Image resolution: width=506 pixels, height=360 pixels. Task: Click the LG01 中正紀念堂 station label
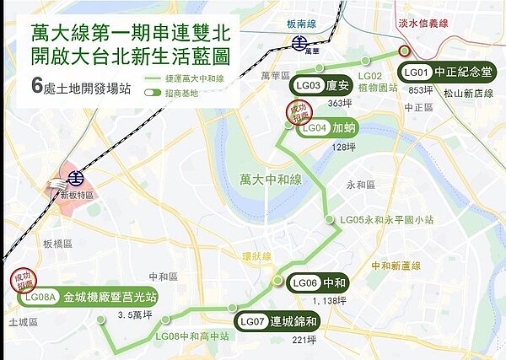point(446,73)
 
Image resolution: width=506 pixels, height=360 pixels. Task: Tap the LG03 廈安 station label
point(321,86)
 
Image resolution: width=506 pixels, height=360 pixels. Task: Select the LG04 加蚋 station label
point(328,129)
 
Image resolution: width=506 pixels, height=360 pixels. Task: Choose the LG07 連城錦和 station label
point(276,321)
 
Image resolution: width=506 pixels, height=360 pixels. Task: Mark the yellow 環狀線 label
point(256,255)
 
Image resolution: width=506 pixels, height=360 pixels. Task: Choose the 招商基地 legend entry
point(175,92)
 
